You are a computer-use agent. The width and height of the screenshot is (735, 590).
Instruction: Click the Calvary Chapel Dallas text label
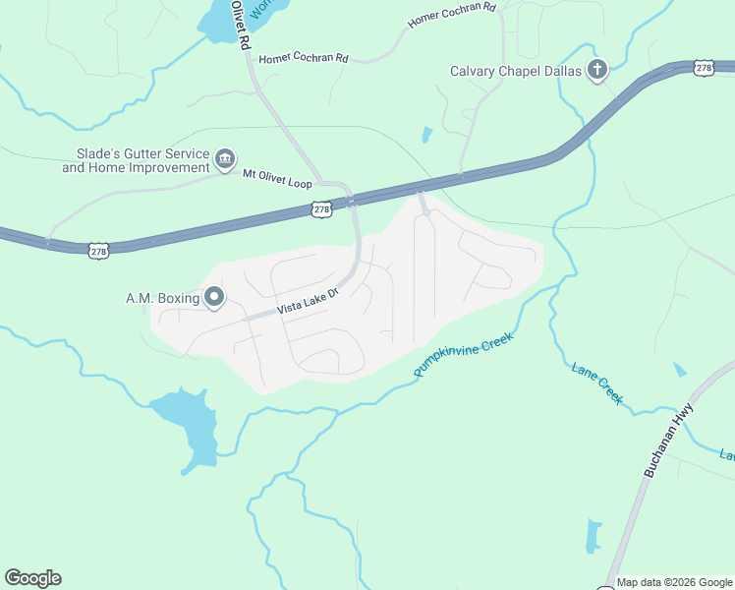(x=515, y=71)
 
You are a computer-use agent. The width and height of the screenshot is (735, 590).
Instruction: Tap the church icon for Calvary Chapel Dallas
(x=596, y=70)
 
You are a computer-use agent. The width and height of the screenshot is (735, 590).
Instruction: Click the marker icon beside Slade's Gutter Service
(x=225, y=159)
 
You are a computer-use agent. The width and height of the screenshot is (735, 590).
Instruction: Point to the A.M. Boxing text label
(x=162, y=298)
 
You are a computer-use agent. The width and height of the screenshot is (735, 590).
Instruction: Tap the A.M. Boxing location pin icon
(x=213, y=297)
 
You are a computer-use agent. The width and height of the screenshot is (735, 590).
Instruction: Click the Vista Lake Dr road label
(x=307, y=301)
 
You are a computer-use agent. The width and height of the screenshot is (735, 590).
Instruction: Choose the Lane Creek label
(x=597, y=383)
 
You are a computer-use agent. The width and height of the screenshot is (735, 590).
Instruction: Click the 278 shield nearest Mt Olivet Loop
(x=321, y=209)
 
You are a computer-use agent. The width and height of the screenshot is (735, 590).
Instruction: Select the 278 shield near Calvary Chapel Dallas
(x=703, y=67)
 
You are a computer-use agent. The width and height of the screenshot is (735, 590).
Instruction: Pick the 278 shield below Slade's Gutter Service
(x=98, y=252)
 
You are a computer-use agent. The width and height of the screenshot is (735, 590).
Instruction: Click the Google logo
(x=32, y=578)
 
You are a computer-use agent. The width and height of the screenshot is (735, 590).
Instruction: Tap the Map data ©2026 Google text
(x=674, y=582)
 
